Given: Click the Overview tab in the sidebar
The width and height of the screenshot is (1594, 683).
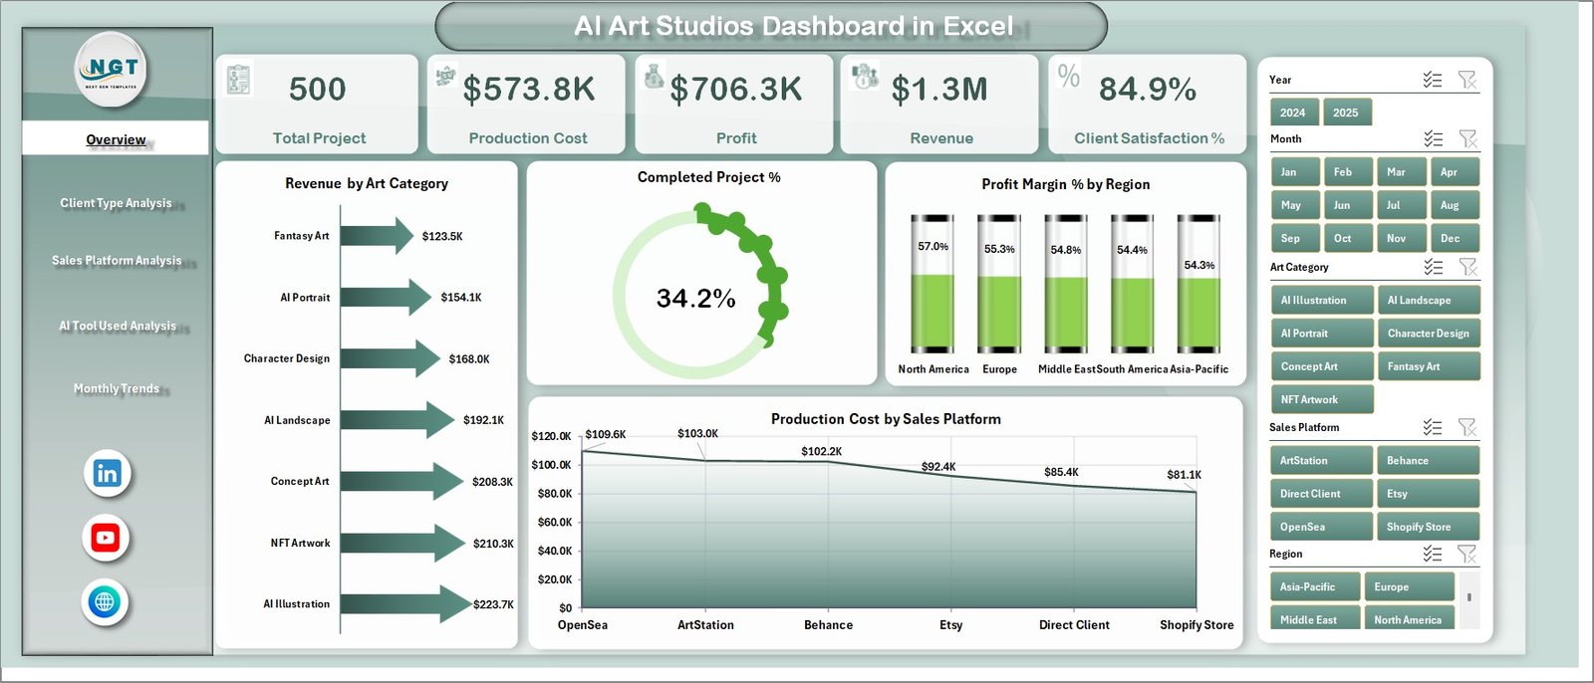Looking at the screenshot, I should (116, 139).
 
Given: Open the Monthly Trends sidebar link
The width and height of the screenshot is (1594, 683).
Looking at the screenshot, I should (117, 388).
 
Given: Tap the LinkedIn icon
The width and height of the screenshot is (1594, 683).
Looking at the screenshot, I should (107, 473).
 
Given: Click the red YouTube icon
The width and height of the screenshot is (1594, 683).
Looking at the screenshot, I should (106, 538).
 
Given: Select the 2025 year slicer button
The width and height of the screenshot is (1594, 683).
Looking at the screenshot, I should (1345, 113).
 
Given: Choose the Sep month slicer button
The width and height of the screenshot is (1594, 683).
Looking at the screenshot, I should (1294, 238).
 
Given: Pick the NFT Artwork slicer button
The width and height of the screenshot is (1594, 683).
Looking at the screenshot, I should (1321, 399).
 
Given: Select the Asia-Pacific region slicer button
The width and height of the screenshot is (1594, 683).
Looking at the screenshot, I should (1311, 586).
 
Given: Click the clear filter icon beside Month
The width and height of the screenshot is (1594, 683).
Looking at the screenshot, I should (1467, 138).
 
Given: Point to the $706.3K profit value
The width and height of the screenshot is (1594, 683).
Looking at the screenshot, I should (736, 90).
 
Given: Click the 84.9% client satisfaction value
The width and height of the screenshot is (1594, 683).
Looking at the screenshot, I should (1147, 90).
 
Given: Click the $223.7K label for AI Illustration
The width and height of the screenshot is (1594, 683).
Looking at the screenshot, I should (493, 604).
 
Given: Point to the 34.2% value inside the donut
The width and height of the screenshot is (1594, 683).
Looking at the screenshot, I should (695, 299).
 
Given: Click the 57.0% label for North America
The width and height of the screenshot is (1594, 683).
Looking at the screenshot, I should (932, 246).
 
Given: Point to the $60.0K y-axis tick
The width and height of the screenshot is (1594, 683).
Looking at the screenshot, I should (554, 522).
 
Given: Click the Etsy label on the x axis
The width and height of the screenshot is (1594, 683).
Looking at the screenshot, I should (950, 625).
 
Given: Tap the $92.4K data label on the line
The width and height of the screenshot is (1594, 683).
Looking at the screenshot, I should (937, 466).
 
